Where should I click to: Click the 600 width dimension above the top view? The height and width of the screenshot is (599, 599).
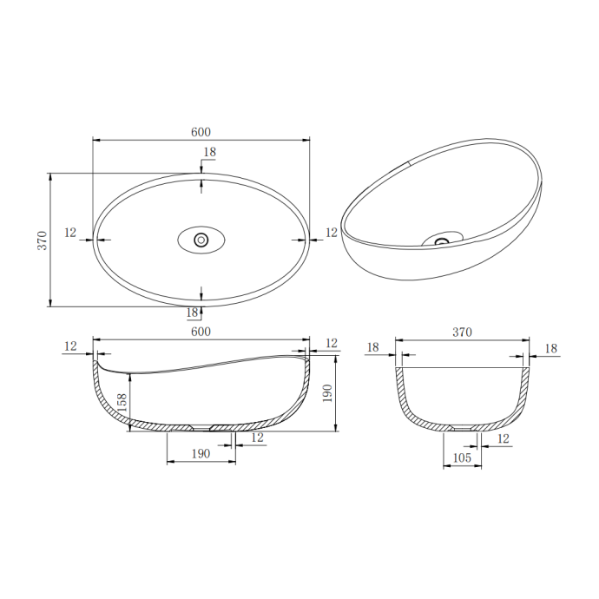click(x=201, y=132)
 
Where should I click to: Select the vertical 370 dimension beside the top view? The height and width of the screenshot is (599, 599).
click(x=42, y=240)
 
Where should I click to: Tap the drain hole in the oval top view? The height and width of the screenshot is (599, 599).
click(x=201, y=240)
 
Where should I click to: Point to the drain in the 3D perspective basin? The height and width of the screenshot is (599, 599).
click(x=444, y=240)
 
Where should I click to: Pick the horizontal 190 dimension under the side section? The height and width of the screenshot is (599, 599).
click(x=201, y=453)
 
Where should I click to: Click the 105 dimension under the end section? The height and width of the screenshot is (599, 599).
click(x=462, y=457)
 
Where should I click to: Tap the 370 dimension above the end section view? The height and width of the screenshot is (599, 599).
click(x=462, y=332)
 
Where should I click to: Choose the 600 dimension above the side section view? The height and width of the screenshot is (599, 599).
click(x=201, y=332)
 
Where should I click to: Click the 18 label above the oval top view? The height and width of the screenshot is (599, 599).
click(x=209, y=153)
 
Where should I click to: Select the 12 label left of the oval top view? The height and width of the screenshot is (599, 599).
click(x=71, y=233)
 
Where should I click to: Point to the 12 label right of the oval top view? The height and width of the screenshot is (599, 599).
click(x=331, y=233)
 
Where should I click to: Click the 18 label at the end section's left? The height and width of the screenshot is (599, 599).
click(x=373, y=347)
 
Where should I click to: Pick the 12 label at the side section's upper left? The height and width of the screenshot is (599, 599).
click(x=71, y=346)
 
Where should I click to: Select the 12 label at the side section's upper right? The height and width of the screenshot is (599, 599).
click(x=331, y=344)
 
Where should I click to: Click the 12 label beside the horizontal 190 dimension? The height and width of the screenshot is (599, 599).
click(x=257, y=438)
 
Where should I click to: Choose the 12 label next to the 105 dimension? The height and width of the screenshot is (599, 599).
click(x=504, y=438)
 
